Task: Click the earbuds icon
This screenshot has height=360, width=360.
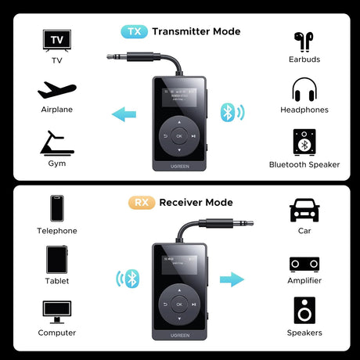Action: tap(304, 41)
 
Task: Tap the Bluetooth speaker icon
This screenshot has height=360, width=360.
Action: tap(304, 142)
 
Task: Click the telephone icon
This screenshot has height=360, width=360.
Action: tap(57, 209)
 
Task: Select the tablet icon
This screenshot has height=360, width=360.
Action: tap(57, 259)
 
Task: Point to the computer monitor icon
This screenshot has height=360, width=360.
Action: tap(57, 311)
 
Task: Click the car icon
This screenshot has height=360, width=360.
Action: tap(304, 210)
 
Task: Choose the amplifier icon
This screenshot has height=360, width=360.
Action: tap(304, 264)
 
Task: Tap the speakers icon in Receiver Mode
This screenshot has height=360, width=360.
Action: tap(304, 311)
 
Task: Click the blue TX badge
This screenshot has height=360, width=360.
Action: tap(133, 31)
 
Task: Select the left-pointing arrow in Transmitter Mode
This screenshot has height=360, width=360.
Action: tap(124, 116)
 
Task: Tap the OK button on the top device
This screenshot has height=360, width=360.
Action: tap(179, 135)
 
